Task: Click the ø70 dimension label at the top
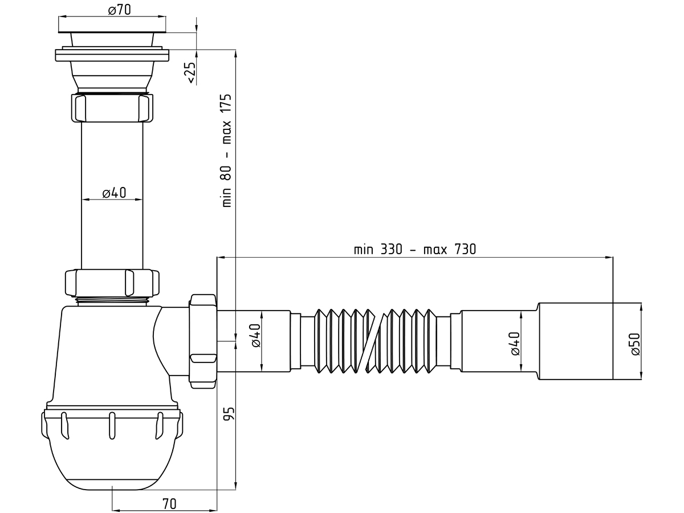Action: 119,10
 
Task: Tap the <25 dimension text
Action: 192,73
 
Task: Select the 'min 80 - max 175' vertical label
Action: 227,150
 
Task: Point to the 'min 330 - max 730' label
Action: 415,250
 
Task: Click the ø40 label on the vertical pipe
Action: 114,193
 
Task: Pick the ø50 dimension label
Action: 636,344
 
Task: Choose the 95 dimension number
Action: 229,414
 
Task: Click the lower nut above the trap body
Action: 112,283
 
